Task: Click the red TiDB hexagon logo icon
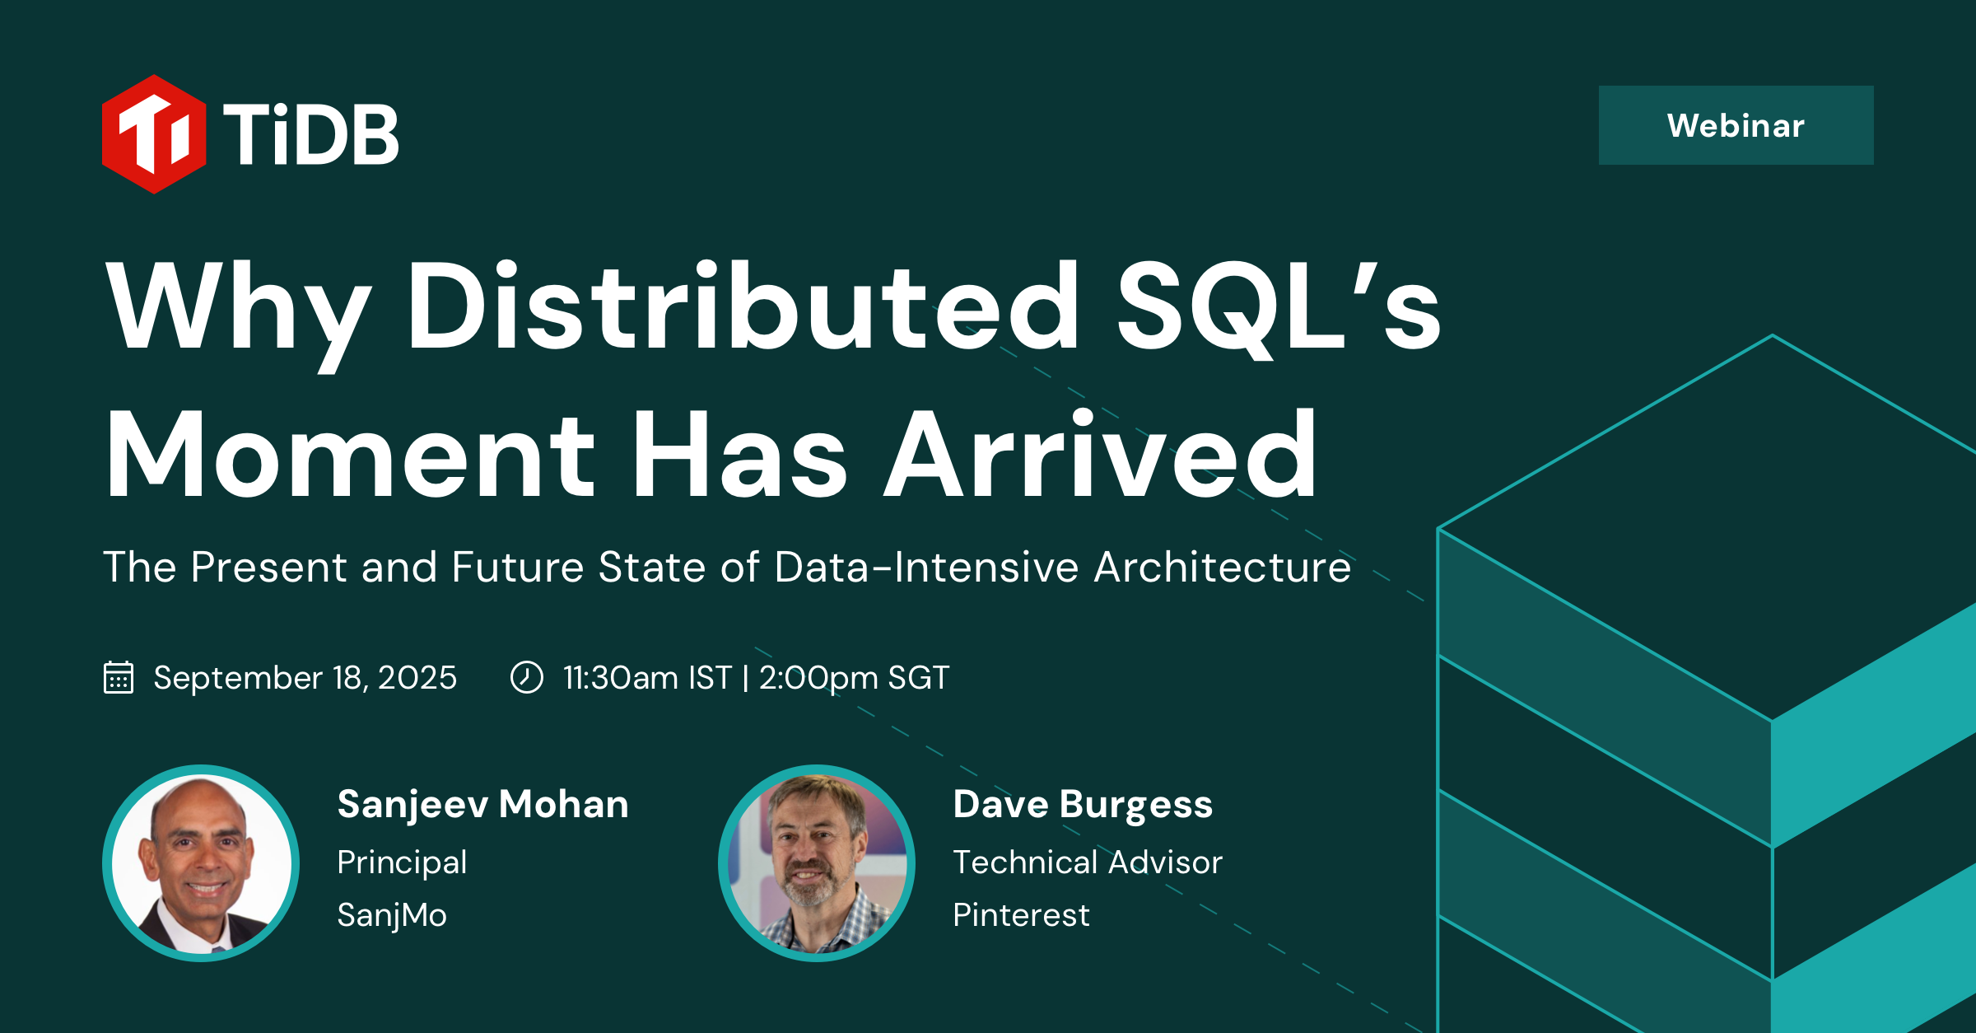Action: point(154,134)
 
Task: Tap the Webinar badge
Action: point(1736,125)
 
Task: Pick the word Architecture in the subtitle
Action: point(1222,567)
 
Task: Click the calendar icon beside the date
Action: point(119,677)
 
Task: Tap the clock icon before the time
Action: point(527,677)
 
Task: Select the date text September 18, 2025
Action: point(305,677)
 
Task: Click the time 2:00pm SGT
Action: point(854,677)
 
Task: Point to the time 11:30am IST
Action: point(647,677)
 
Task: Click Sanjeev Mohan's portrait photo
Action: point(201,863)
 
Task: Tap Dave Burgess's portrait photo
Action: point(817,863)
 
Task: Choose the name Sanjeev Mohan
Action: point(482,804)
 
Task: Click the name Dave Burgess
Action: point(1083,804)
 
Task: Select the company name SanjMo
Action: point(392,915)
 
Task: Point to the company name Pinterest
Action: point(1021,915)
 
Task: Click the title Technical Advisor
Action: point(1087,862)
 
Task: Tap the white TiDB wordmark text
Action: point(311,134)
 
